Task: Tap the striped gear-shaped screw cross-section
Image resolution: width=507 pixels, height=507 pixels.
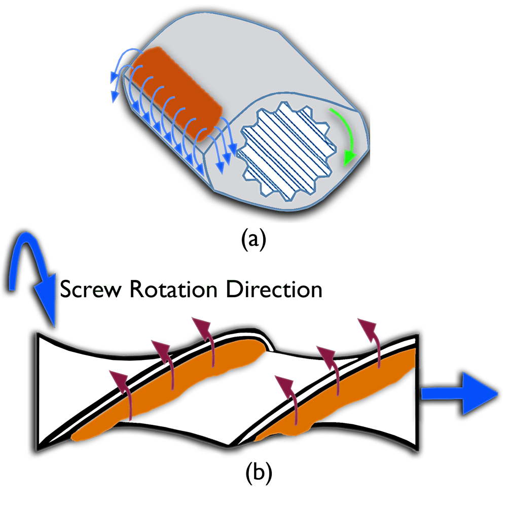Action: coord(286,152)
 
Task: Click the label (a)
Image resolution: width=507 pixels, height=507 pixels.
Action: coord(253,240)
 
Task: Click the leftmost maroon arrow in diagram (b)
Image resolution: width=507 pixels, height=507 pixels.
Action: coord(122,393)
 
